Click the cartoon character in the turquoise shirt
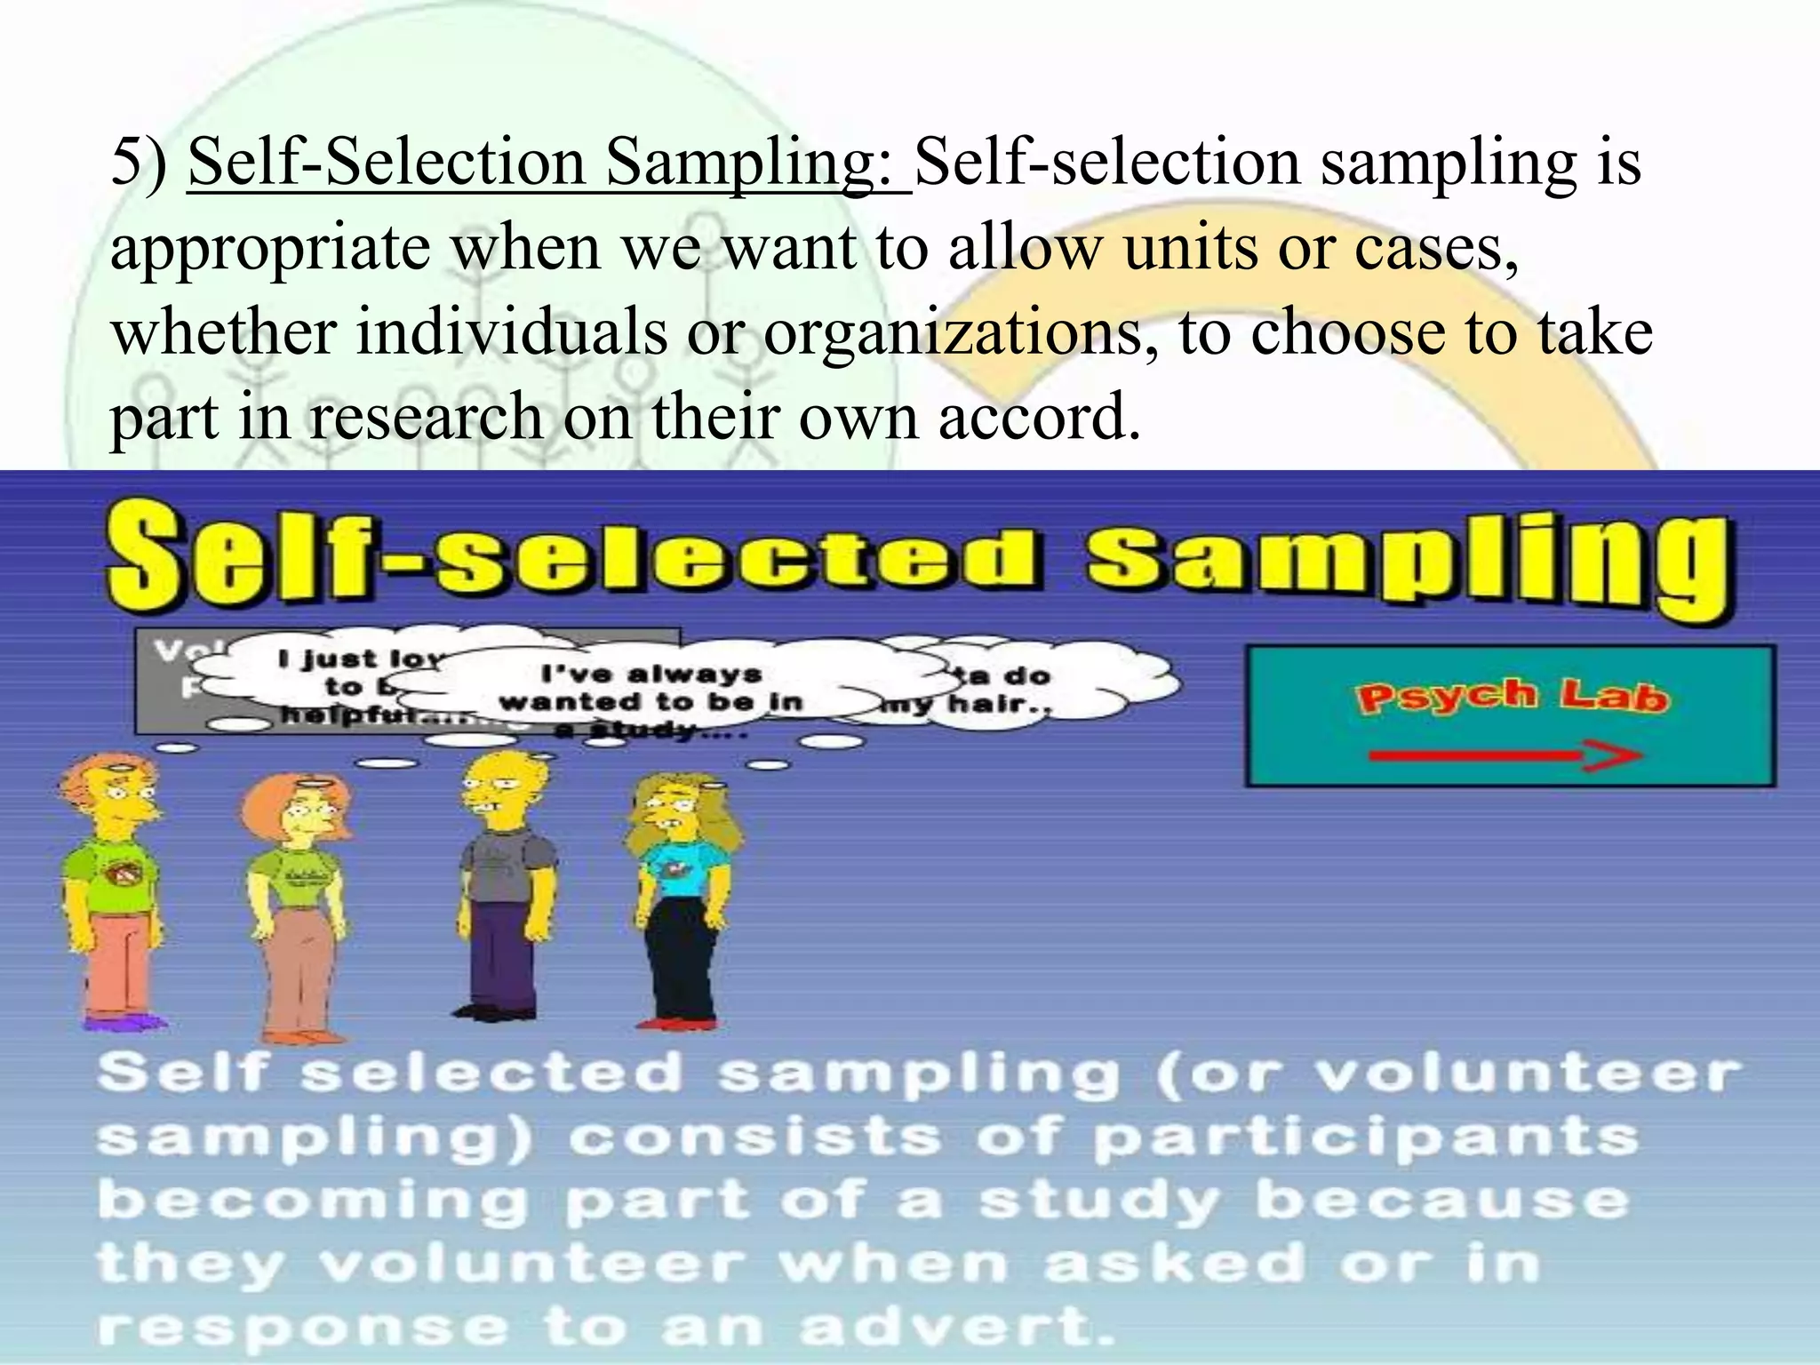(684, 898)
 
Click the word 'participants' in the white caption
(1364, 1138)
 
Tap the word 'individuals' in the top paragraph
(512, 332)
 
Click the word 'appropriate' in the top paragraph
(270, 249)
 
